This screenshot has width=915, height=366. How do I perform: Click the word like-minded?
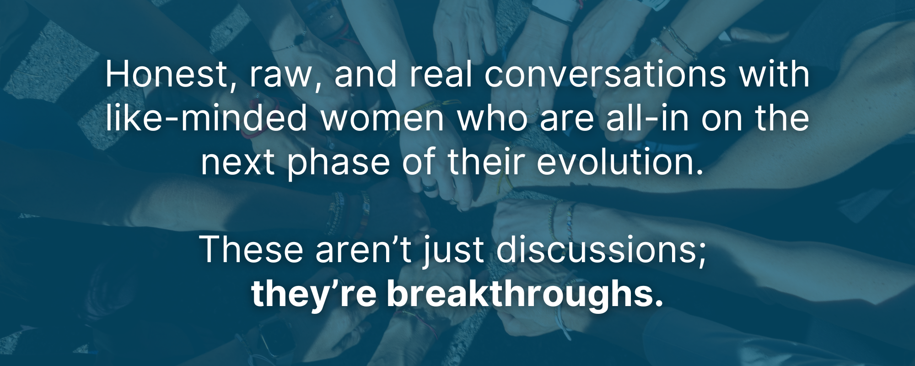coord(206,118)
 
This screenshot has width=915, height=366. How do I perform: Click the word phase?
coord(338,164)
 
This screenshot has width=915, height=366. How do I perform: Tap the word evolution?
coord(620,162)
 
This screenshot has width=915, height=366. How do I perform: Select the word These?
coord(251,249)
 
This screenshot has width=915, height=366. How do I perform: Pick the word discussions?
coord(601,250)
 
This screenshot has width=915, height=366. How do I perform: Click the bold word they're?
coord(314,295)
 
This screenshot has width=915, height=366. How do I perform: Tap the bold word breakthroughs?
coord(525,295)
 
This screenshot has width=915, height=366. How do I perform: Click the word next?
coord(238,164)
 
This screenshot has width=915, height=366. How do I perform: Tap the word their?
coord(486,162)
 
